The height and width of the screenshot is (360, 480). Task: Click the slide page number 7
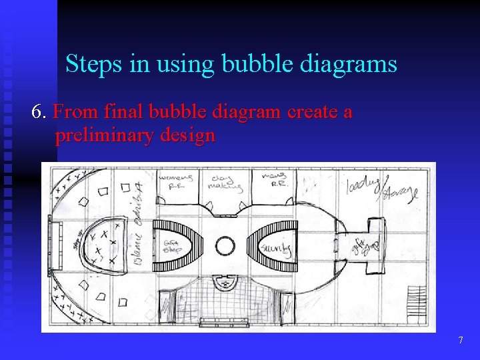(x=460, y=341)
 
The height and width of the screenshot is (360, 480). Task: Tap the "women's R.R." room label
(x=177, y=182)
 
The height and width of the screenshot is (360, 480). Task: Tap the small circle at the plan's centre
(x=225, y=248)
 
